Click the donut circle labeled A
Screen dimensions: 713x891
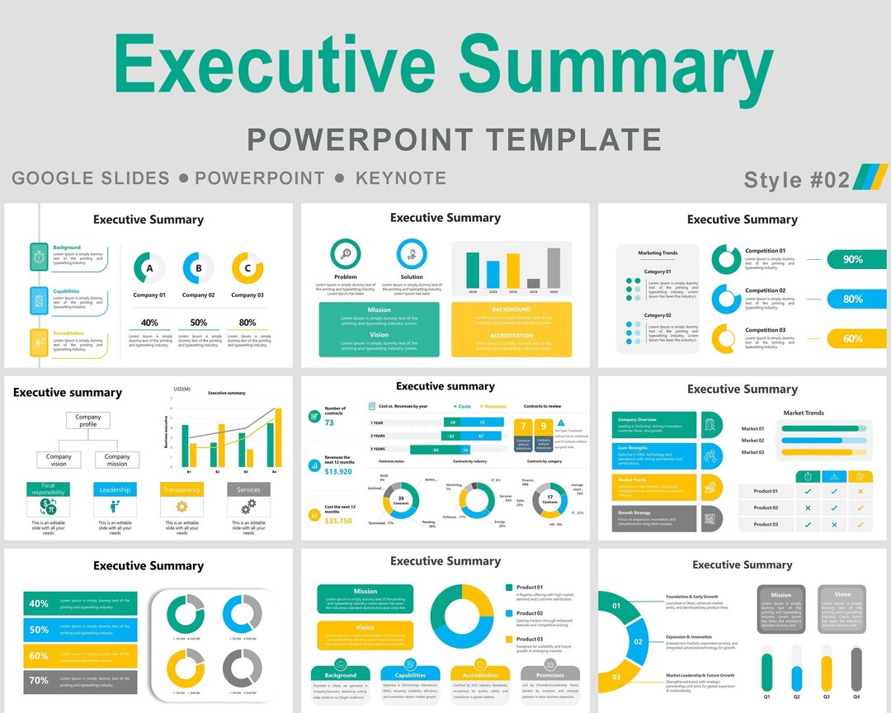[149, 267]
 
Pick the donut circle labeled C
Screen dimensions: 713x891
[247, 267]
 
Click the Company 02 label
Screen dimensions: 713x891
[198, 295]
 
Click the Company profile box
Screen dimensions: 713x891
[88, 421]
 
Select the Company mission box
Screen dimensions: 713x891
[117, 460]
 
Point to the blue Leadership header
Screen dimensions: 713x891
[115, 489]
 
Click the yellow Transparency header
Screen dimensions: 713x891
[181, 489]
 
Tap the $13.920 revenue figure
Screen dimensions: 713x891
[338, 472]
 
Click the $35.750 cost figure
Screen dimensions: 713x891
[338, 521]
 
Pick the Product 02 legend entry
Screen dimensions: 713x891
[529, 613]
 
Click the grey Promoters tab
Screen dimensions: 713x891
[549, 674]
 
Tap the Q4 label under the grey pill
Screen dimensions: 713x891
[856, 696]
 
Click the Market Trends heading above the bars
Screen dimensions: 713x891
[803, 413]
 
